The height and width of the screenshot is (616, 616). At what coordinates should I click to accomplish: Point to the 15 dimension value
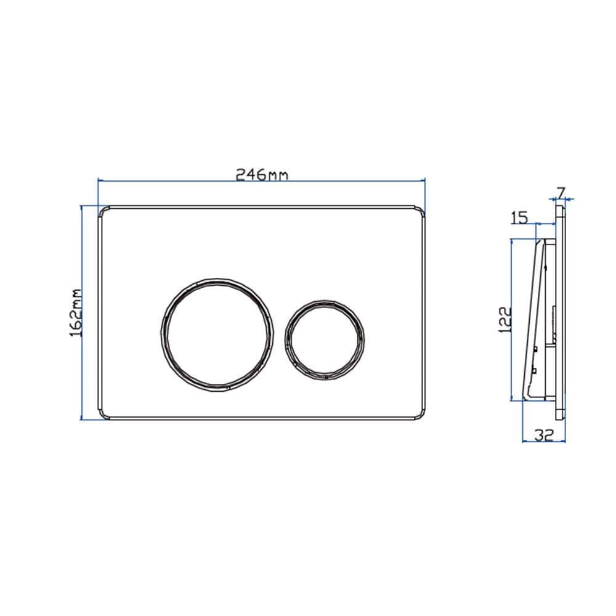520,217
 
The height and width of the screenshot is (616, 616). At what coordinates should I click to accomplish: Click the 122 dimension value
505,320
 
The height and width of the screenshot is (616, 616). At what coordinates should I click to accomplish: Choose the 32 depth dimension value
543,436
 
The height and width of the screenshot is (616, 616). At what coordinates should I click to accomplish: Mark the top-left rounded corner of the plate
102,210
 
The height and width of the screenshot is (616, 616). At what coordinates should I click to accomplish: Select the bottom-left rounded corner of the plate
102,416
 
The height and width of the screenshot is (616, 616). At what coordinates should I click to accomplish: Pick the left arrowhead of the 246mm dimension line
100,180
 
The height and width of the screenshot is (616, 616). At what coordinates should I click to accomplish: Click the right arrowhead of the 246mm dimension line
424,180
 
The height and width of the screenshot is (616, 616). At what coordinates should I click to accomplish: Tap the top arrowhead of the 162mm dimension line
82,208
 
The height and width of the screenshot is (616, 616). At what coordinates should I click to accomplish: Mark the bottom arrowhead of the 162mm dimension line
82,418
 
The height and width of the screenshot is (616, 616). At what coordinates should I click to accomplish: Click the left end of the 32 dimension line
522,441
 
